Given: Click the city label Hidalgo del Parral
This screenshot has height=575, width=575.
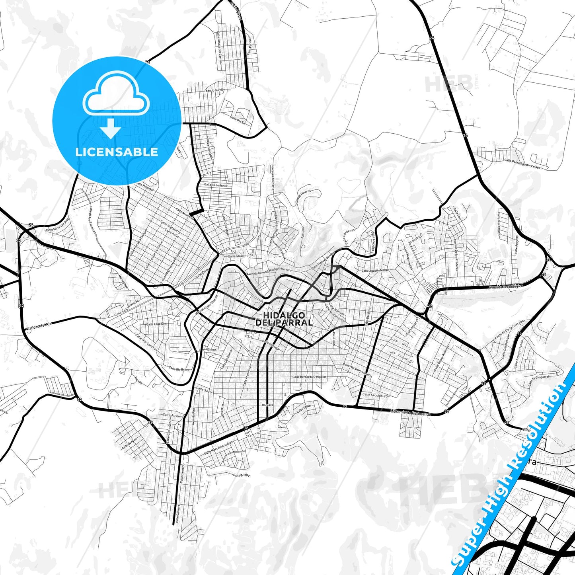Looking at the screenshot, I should pos(284,319).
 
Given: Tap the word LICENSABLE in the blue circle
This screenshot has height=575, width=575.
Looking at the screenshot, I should pos(117,152).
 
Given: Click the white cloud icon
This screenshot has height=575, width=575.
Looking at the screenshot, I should pos(116,97).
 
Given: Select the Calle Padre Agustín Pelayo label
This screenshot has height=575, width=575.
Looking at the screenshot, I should pos(522,164).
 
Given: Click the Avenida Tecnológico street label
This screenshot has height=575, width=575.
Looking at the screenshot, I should pos(507,287).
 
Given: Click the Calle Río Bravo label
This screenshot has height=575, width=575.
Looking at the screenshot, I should pos(179,369).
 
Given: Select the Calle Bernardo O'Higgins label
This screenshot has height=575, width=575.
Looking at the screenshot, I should pos(309,376).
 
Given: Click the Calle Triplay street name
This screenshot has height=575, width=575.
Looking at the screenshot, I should pos(242,475).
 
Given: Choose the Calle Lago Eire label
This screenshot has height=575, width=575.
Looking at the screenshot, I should pos(156,324).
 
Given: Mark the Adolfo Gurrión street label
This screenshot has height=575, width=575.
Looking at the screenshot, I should pos(215,90).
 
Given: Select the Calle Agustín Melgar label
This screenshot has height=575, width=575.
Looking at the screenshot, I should pos(375,270).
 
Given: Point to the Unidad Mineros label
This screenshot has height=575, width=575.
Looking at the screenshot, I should pos(303,197).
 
